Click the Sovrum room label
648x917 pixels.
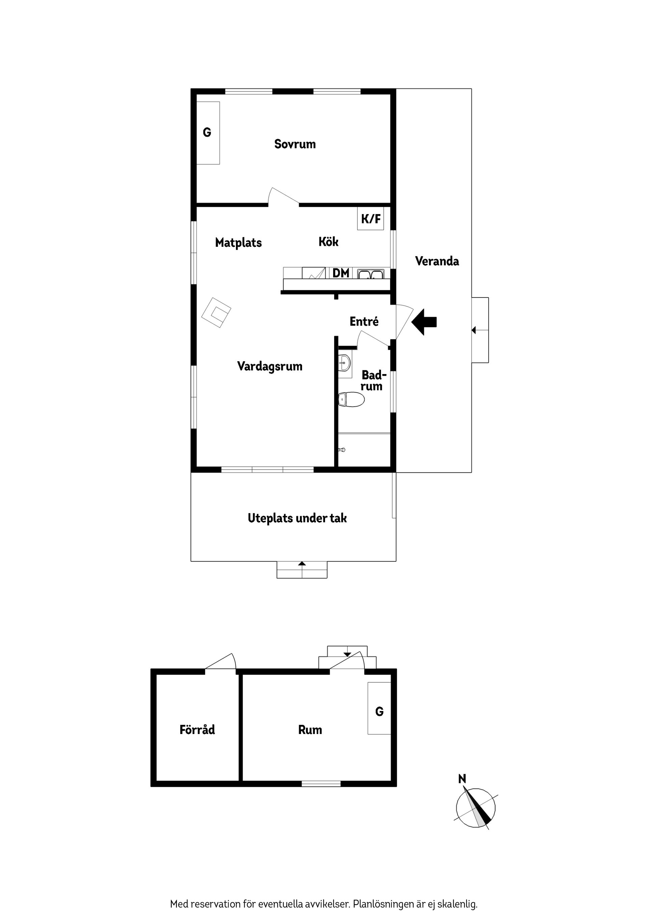[295, 144]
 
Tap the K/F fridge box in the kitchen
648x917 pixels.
[371, 218]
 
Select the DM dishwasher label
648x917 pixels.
[341, 273]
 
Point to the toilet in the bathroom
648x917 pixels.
[351, 399]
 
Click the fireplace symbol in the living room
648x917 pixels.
[216, 312]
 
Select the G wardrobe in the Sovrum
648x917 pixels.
[208, 132]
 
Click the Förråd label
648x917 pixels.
[197, 730]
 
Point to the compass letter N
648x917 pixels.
[462, 779]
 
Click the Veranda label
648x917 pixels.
[437, 261]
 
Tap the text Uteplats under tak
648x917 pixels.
[297, 518]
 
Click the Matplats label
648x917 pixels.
[238, 242]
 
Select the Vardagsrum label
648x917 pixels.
[270, 366]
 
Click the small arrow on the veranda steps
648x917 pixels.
[474, 330]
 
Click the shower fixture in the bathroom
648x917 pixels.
[342, 450]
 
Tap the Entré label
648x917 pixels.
[364, 321]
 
